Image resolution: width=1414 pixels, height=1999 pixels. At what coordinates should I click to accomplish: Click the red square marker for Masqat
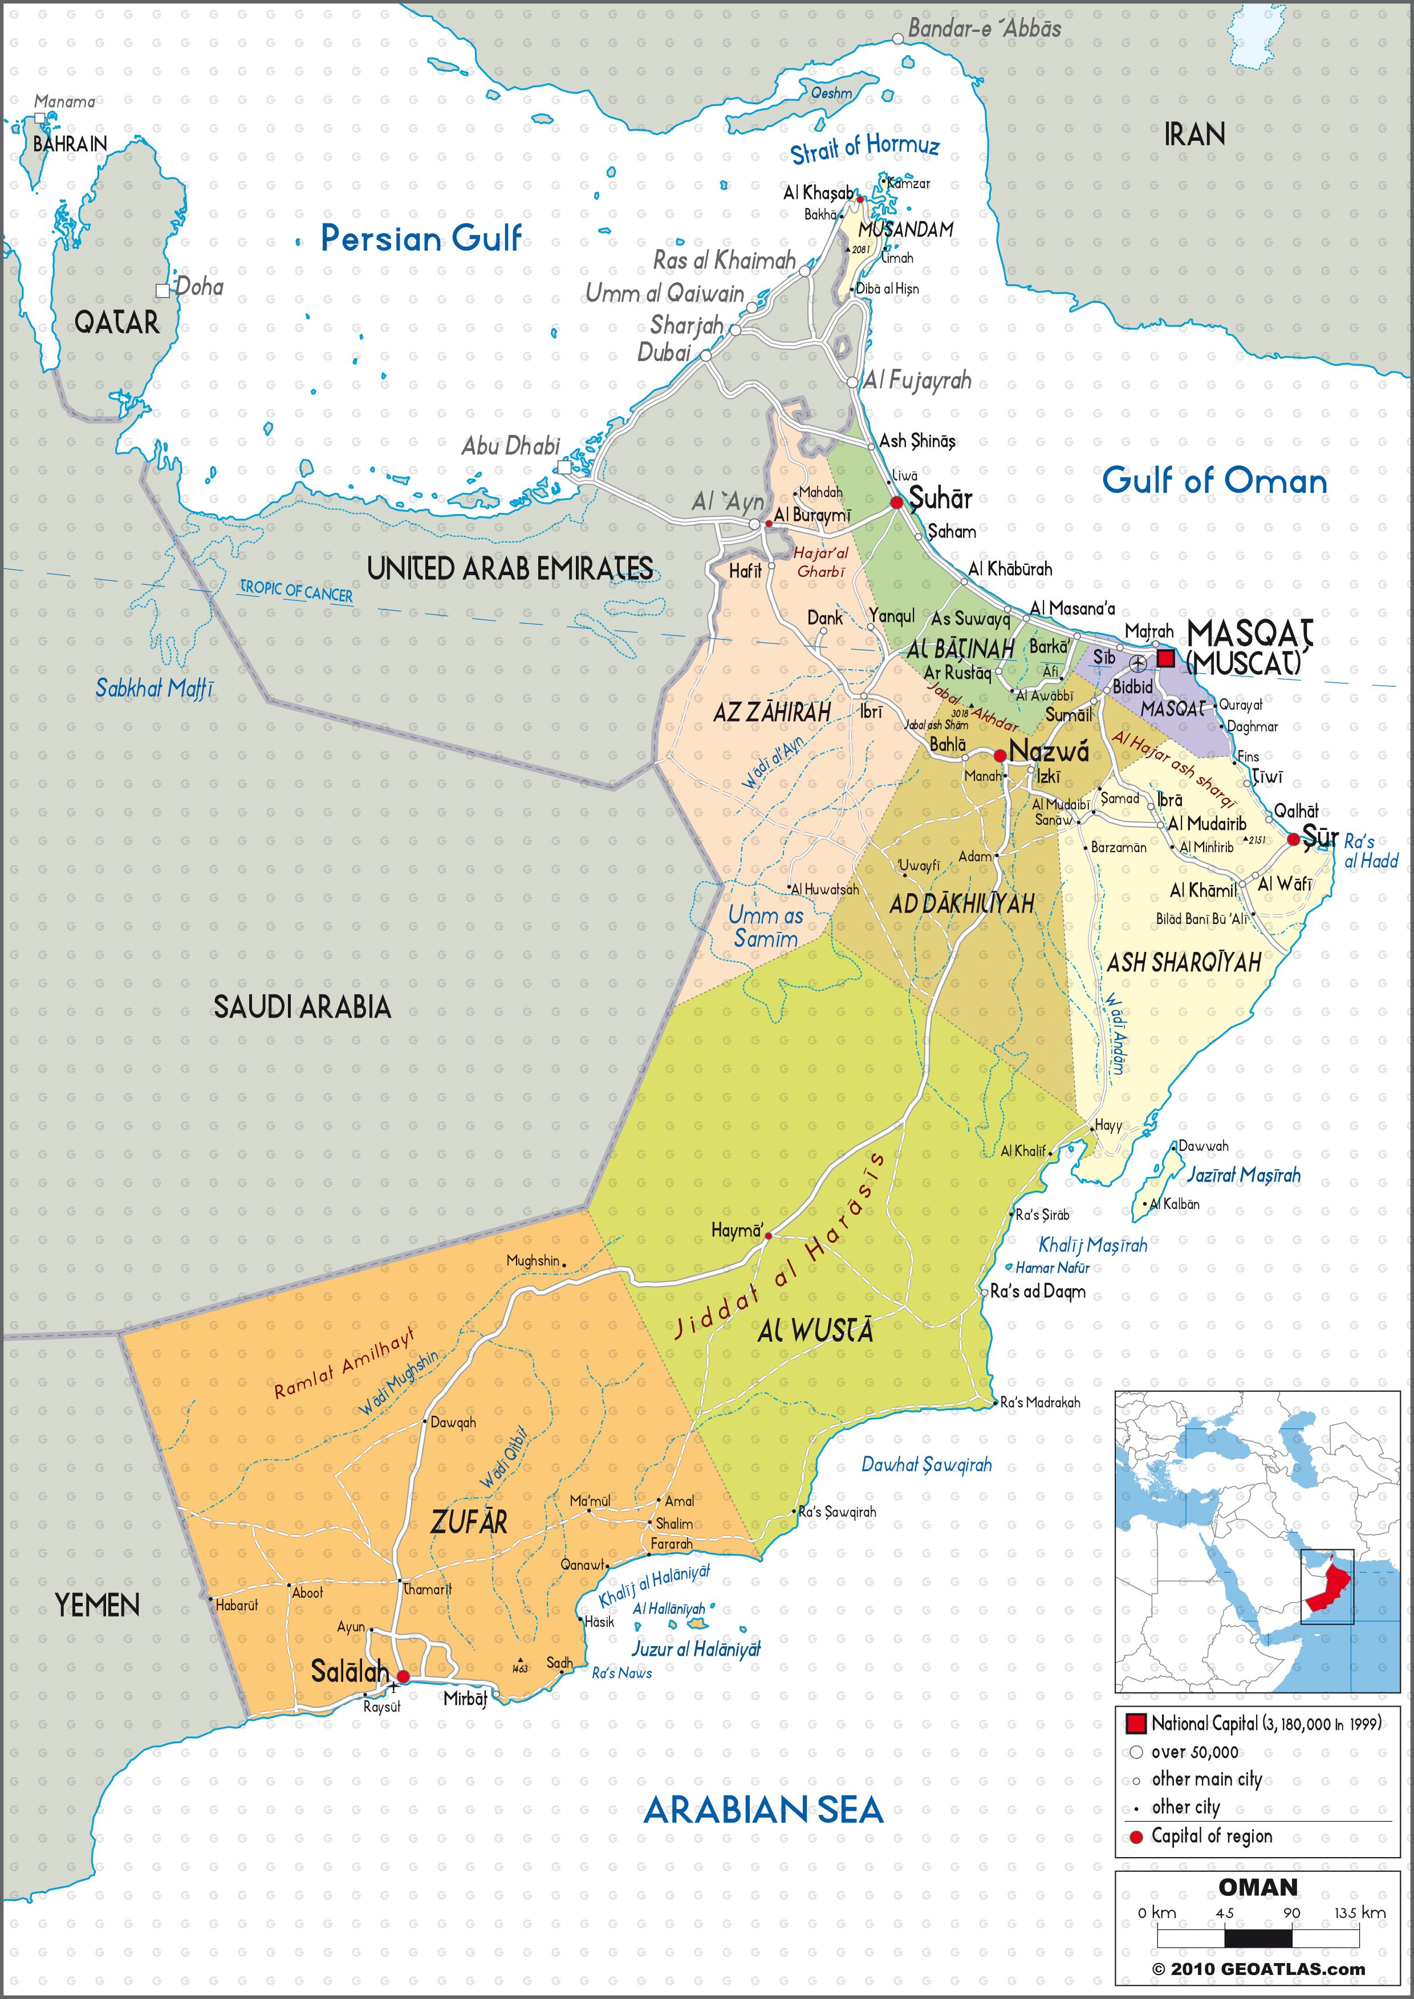[x=1165, y=658]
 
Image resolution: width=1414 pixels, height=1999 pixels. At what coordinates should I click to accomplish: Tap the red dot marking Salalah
[x=403, y=1676]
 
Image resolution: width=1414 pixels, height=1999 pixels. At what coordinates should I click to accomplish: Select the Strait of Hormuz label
[x=864, y=149]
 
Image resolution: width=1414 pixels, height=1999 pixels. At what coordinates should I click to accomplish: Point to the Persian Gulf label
[x=421, y=238]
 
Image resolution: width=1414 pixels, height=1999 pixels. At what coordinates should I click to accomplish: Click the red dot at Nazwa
[x=1001, y=754]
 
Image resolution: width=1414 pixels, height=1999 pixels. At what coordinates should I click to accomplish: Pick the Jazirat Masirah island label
[x=1244, y=1175]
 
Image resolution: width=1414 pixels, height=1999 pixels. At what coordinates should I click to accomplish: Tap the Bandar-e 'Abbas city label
[x=984, y=29]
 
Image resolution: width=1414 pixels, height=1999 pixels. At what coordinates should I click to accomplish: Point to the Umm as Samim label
[x=765, y=926]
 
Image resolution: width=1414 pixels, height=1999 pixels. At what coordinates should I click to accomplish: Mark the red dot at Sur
[x=1293, y=839]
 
